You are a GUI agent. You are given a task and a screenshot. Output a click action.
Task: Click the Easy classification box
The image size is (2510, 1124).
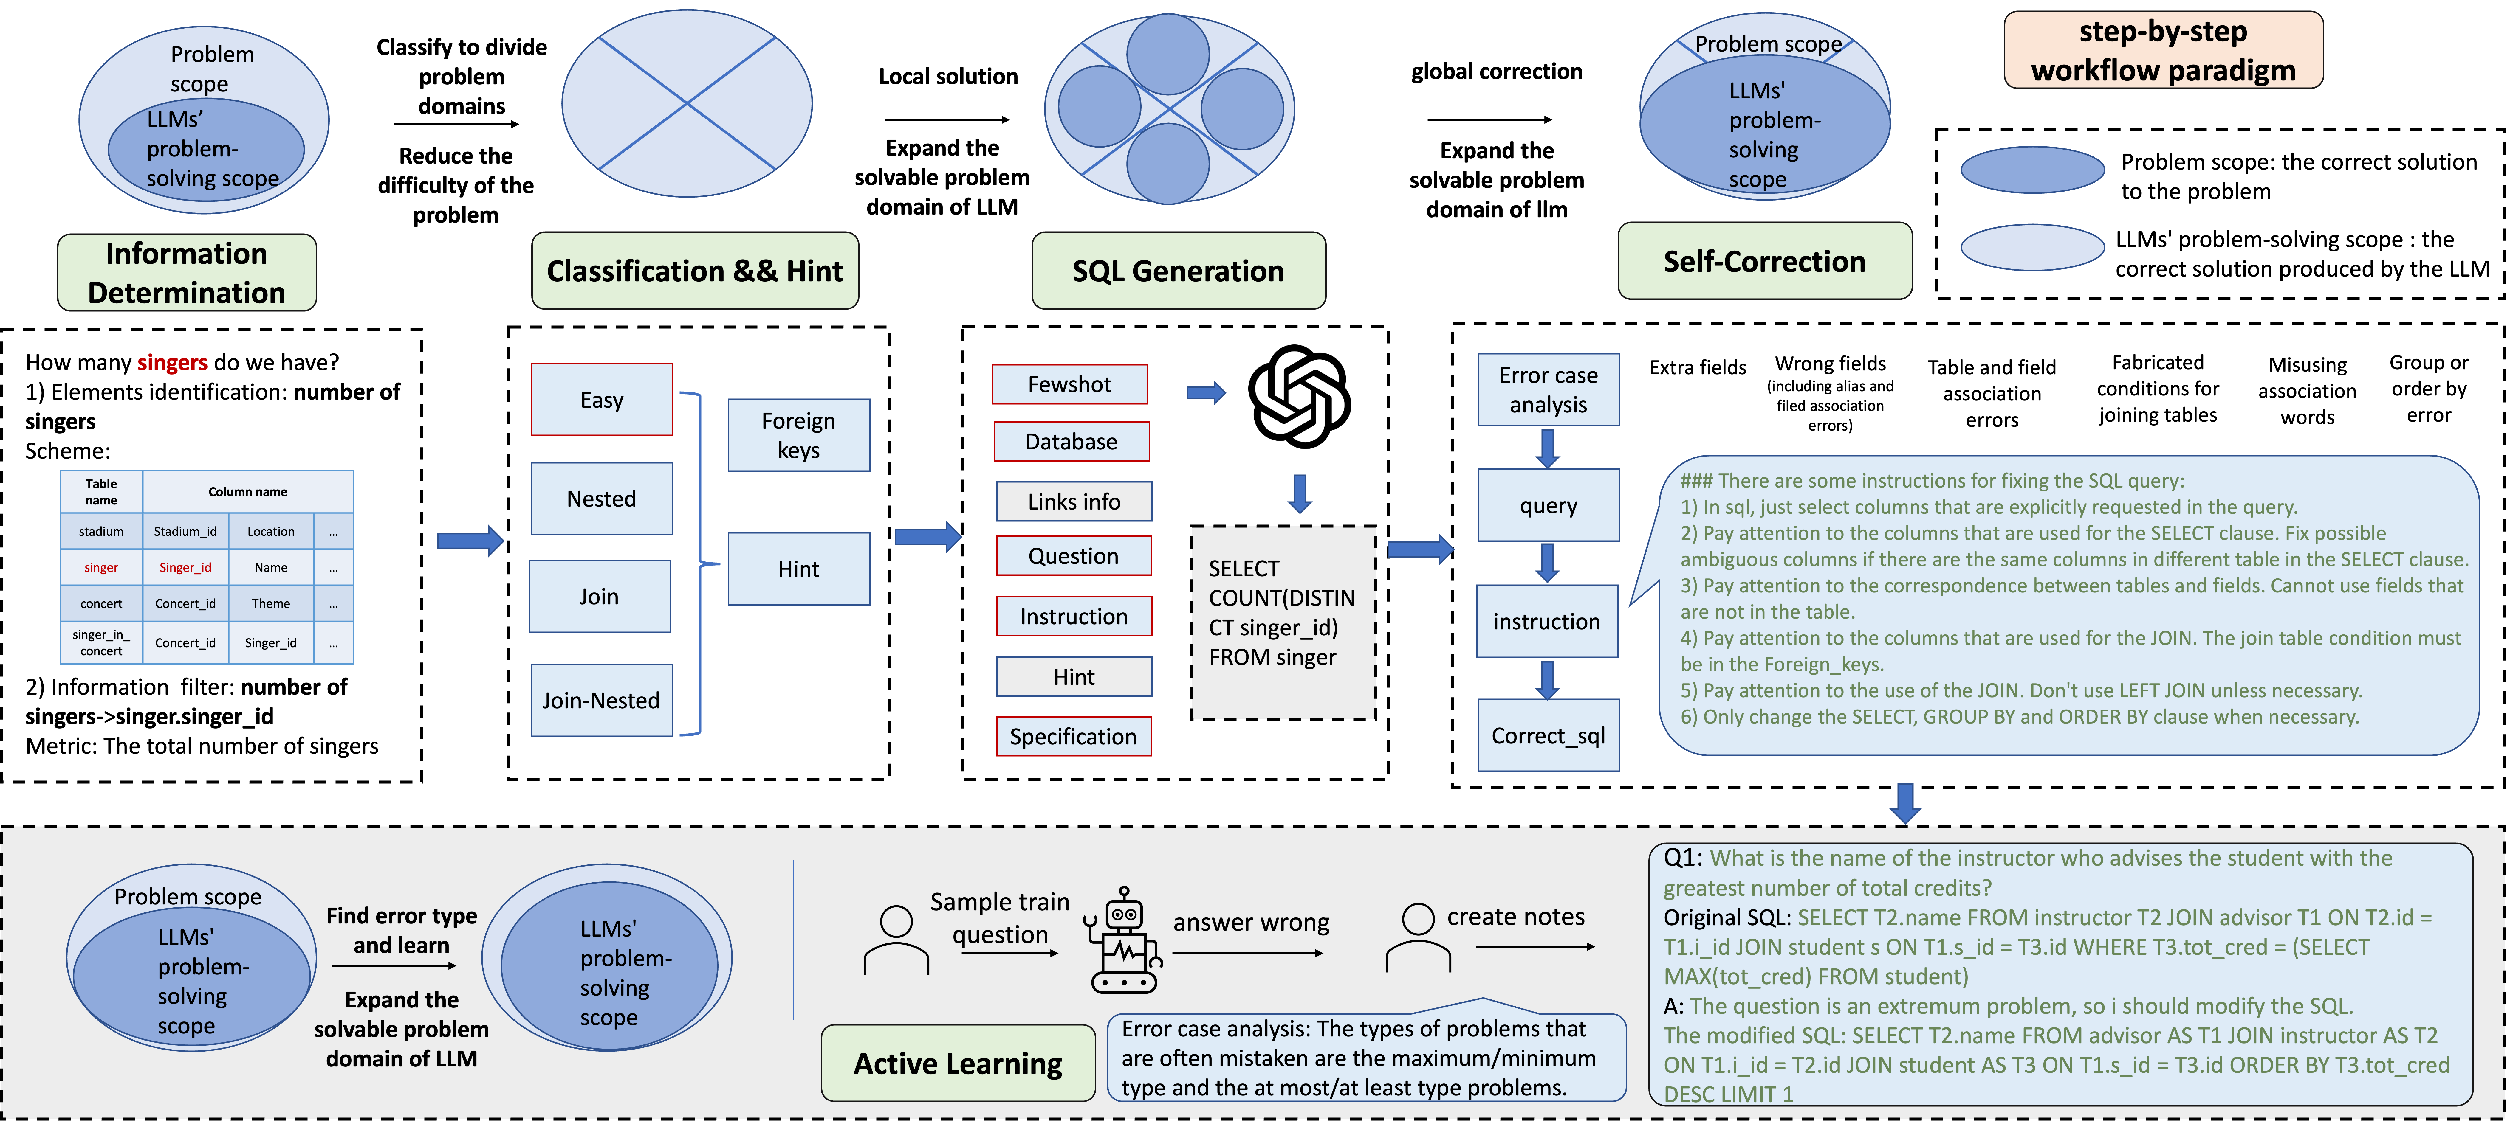pos(601,399)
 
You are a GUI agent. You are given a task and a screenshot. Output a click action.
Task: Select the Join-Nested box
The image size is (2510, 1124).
pos(601,700)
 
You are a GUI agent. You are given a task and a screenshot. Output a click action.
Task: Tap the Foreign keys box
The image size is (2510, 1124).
pos(798,435)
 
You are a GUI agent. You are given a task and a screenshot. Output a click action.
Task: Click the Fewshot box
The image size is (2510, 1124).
pos(1069,384)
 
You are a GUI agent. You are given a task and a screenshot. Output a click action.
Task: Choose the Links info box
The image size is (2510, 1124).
pos(1074,502)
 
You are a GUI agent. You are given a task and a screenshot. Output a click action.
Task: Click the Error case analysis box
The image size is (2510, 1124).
pos(1548,389)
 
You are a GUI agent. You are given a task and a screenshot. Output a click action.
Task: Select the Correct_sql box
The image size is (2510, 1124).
pos(1548,735)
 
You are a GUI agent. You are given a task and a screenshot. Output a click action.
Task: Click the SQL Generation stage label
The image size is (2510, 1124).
pos(1178,271)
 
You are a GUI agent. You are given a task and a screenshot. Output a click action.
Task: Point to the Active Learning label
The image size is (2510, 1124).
pos(958,1064)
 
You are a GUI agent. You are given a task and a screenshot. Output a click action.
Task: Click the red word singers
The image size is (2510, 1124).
pos(172,362)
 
